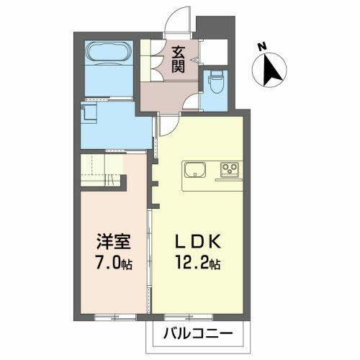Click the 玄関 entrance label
(x=178, y=59)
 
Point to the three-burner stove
(x=231, y=171)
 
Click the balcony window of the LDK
(x=199, y=315)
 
